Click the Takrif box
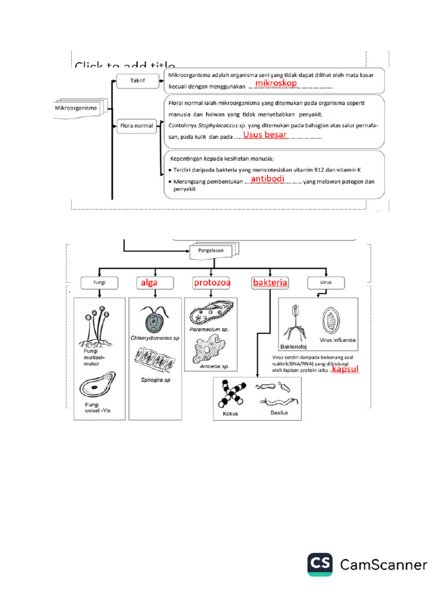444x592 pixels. coord(136,82)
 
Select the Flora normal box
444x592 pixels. coord(136,125)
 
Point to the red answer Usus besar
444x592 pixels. coord(264,135)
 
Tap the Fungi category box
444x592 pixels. coord(100,283)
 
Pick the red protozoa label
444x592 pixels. coord(212,283)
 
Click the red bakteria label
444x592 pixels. coord(270,283)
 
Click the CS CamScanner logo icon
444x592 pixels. coord(320,564)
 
